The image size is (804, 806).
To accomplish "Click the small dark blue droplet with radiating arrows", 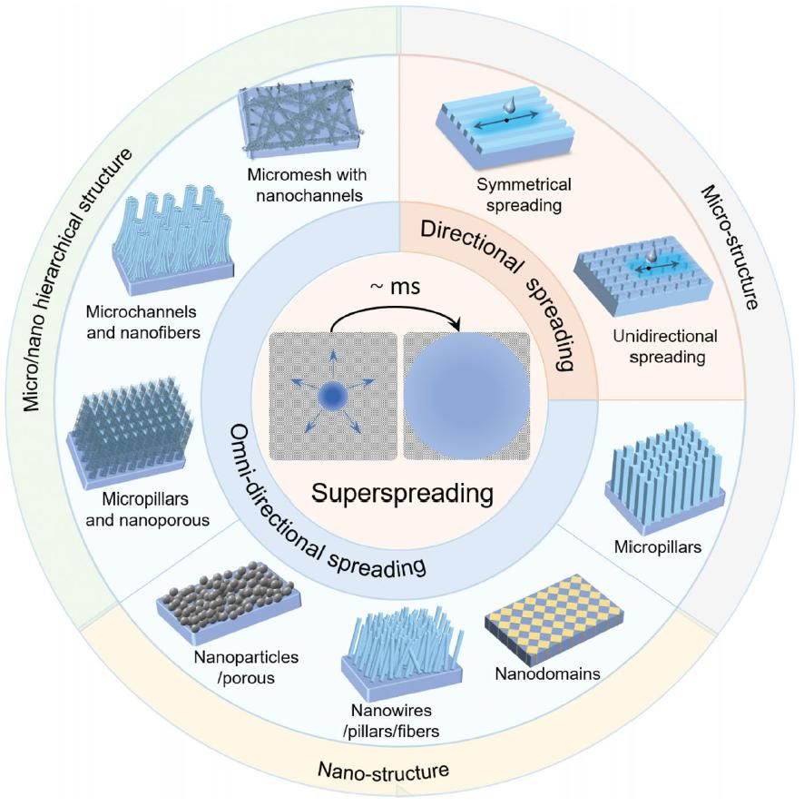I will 330,397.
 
